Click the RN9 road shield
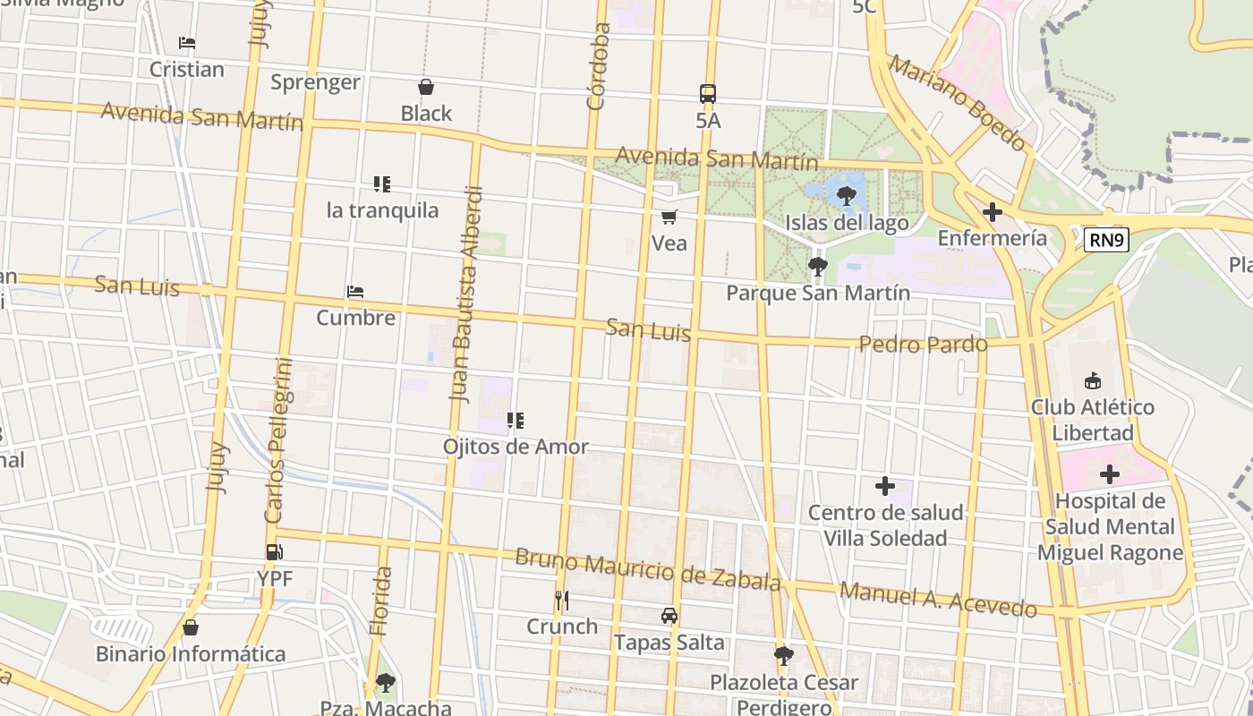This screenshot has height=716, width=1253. click(1106, 240)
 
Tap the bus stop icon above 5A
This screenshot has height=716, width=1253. click(707, 93)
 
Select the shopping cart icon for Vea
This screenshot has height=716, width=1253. click(669, 217)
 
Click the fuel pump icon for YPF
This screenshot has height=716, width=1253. click(274, 552)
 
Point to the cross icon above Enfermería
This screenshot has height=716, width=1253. click(992, 212)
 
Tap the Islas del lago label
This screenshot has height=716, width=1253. click(846, 222)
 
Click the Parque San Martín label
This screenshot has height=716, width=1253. click(817, 293)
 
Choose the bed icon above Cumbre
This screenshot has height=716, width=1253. click(355, 292)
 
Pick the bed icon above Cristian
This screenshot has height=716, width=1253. click(186, 43)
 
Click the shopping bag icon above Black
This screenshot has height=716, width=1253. click(426, 87)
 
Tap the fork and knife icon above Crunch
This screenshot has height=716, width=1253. click(561, 600)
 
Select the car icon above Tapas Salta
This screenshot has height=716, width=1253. click(669, 616)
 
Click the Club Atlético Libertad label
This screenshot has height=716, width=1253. click(1092, 420)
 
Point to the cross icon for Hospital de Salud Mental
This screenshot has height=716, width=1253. click(1110, 473)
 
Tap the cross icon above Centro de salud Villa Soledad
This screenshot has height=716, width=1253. click(885, 486)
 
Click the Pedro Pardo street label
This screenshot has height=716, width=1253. click(923, 344)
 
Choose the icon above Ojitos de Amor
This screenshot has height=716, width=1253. click(515, 420)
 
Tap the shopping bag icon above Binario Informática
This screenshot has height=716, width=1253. click(190, 627)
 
